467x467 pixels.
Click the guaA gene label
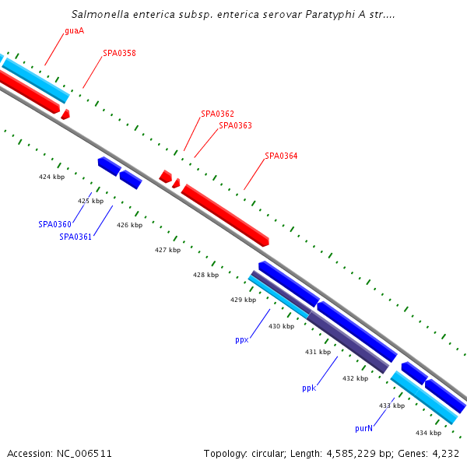[74, 32]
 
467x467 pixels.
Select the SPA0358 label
[119, 54]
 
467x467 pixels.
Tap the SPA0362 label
[217, 114]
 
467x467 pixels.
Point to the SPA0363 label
[235, 125]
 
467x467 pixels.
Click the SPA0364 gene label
[281, 156]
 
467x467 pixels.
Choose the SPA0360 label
[54, 224]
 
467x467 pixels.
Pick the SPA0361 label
[75, 237]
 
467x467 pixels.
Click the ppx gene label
[241, 340]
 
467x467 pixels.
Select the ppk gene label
[309, 388]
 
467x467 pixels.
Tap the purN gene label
[363, 428]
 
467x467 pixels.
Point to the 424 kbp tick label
[51, 177]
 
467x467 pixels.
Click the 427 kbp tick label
[167, 251]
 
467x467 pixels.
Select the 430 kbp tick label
[281, 327]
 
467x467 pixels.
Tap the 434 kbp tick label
[428, 433]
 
